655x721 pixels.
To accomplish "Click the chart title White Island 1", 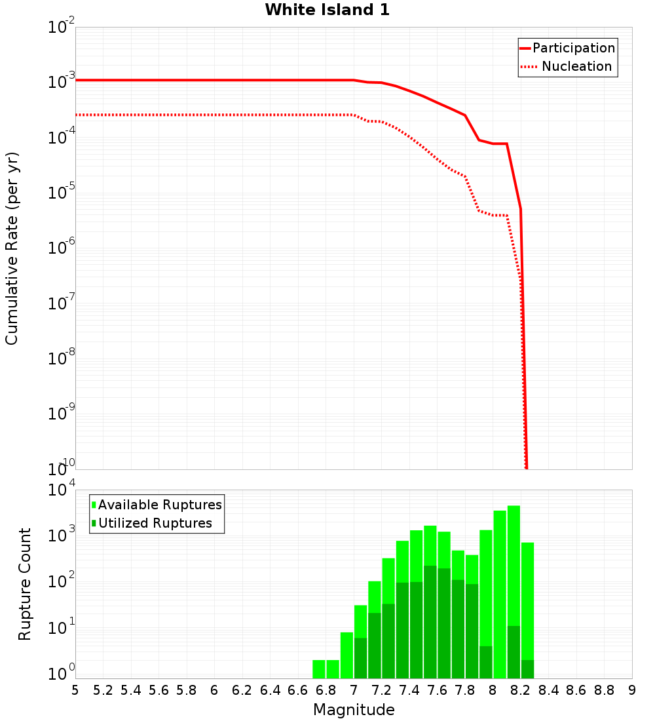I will [327, 10].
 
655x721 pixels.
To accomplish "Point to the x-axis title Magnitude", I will [354, 710].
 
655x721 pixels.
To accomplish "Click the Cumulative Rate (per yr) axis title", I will [12, 248].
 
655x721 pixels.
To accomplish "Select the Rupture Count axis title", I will [25, 584].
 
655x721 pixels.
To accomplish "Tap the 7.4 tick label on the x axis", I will [409, 690].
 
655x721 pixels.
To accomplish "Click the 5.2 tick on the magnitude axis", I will [103, 690].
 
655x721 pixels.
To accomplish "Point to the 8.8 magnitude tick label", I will [604, 690].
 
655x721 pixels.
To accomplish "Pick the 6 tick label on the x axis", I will [214, 690].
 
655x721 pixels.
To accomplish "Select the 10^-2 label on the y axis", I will [62, 28].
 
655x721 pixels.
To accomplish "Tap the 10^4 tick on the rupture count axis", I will [62, 490].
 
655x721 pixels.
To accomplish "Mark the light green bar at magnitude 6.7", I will [319, 669].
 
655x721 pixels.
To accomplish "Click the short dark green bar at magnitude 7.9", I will [486, 662].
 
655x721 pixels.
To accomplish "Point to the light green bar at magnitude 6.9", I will [346, 655].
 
